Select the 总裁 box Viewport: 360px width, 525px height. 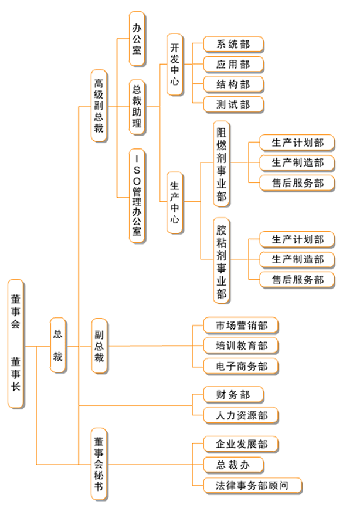pyautogui.click(x=58, y=345)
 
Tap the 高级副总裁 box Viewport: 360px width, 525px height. pyautogui.click(x=99, y=106)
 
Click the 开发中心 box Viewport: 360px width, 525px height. pyautogui.click(x=175, y=64)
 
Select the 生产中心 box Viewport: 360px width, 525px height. pyautogui.click(x=175, y=202)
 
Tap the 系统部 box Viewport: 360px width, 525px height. pyautogui.click(x=233, y=44)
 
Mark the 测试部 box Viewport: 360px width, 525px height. pyautogui.click(x=233, y=105)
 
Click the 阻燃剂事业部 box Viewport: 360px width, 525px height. pyautogui.click(x=222, y=163)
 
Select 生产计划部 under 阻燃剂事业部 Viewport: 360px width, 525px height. pyautogui.click(x=298, y=143)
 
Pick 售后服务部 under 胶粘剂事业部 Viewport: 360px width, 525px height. pyautogui.click(x=298, y=280)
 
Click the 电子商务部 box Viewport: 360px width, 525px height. pyautogui.click(x=240, y=367)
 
